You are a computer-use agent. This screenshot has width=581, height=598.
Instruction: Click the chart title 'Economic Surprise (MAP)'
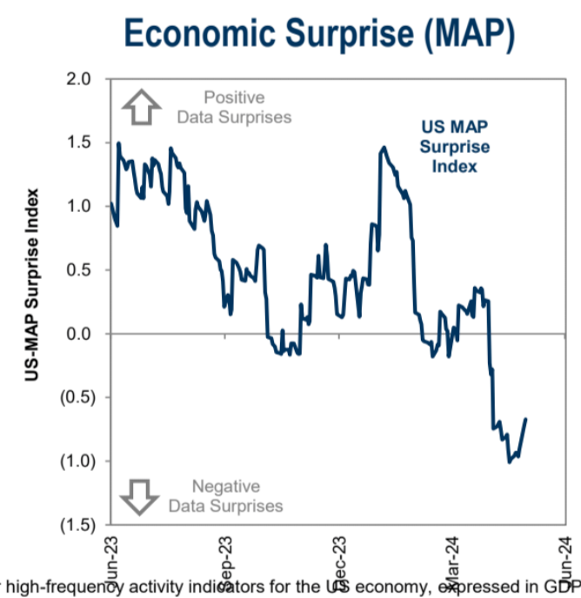point(319,34)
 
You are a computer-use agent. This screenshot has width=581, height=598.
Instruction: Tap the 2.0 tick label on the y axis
point(79,79)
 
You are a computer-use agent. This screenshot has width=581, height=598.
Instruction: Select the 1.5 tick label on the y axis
point(79,143)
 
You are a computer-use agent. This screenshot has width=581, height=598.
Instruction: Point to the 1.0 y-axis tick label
point(79,206)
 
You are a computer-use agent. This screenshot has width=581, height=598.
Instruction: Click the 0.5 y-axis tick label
point(79,270)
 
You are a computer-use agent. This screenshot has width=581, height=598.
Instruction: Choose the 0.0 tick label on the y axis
point(79,334)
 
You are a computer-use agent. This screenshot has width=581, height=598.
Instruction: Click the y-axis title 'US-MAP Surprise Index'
point(32,285)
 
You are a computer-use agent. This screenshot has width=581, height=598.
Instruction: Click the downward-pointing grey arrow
point(139,495)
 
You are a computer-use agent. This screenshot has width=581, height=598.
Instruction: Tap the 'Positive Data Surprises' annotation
point(234,107)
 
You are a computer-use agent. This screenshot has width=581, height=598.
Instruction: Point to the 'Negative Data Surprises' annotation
point(226,495)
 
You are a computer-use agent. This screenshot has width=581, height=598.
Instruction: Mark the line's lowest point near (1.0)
point(509,462)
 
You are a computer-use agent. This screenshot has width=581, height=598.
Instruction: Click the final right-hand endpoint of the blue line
point(526,419)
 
